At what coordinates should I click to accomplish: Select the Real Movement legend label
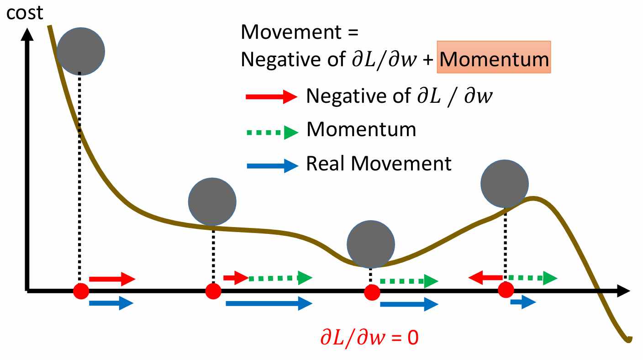tap(379, 163)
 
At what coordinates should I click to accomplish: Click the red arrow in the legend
tap(271, 96)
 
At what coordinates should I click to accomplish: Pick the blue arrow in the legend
tap(271, 166)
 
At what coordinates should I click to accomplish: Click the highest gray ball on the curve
tap(81, 51)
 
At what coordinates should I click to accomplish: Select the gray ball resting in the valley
tap(370, 244)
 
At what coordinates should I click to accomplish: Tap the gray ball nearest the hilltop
tap(505, 183)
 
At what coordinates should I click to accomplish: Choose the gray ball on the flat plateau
tap(212, 201)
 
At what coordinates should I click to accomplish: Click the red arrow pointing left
tap(485, 277)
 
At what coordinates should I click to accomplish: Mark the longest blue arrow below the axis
tap(269, 303)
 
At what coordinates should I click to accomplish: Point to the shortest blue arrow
tap(523, 302)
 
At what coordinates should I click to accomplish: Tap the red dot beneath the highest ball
tap(81, 291)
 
